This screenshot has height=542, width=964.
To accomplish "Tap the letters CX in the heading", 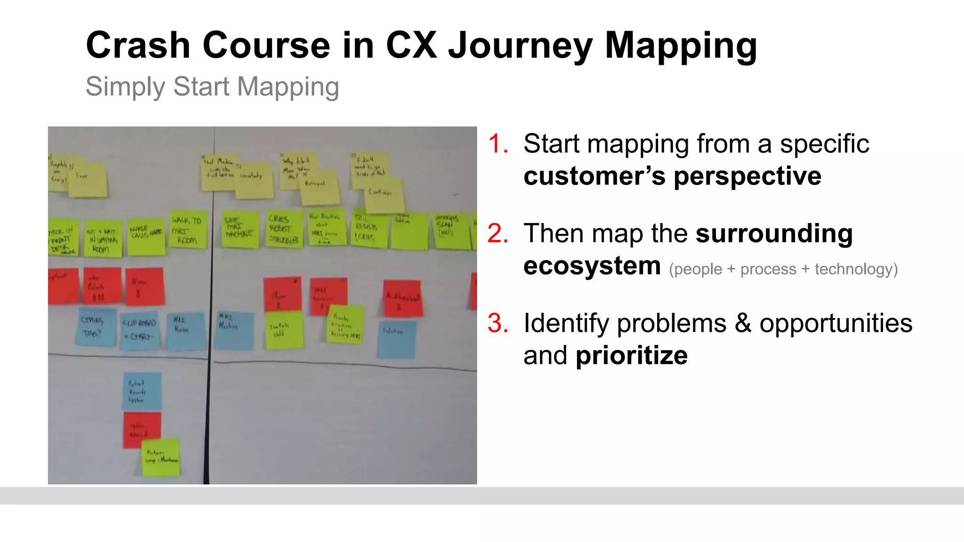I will (411, 45).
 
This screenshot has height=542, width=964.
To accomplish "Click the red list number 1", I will (498, 143).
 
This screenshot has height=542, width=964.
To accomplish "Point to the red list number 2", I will (498, 233).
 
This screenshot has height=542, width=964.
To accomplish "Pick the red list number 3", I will (498, 323).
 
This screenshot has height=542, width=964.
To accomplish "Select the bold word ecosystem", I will (592, 266).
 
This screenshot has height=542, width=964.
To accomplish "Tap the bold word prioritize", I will (631, 356).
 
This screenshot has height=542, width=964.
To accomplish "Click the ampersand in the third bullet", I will (743, 323).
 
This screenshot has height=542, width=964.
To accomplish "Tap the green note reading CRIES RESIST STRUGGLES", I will (284, 230).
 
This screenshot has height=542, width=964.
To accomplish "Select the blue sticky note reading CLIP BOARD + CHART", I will (140, 330).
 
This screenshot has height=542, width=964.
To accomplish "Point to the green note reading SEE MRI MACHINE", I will (240, 230).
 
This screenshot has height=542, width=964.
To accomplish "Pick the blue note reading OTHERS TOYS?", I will (96, 327).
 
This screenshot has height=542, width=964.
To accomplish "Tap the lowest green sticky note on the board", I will (161, 457).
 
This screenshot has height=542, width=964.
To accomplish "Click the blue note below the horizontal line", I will (142, 391).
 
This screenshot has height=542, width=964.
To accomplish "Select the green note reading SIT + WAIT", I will (103, 239).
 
